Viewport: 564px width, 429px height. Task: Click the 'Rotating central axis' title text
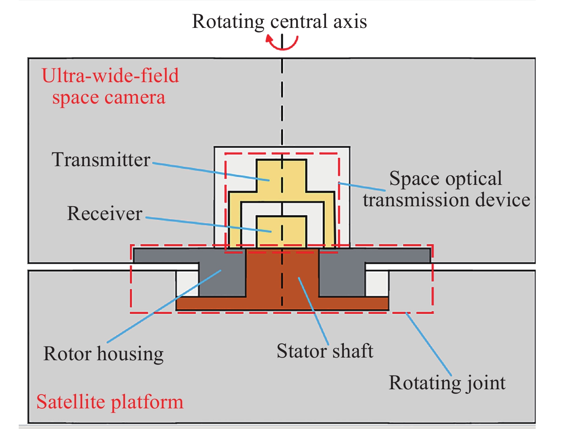pyautogui.click(x=279, y=21)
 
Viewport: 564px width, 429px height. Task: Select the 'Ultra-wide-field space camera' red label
pyautogui.click(x=110, y=86)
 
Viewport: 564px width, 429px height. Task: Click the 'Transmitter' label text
pyautogui.click(x=101, y=160)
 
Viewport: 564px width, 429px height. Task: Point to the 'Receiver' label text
pyautogui.click(x=105, y=214)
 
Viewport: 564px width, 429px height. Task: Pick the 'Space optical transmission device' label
pyautogui.click(x=446, y=189)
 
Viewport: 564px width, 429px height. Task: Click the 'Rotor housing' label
pyautogui.click(x=104, y=354)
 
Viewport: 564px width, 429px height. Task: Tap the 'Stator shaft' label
pyautogui.click(x=325, y=351)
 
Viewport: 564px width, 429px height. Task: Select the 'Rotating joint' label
pyautogui.click(x=447, y=383)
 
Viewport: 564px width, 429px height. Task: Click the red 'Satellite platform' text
pyautogui.click(x=110, y=402)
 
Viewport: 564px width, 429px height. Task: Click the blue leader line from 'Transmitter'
pyautogui.click(x=210, y=172)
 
